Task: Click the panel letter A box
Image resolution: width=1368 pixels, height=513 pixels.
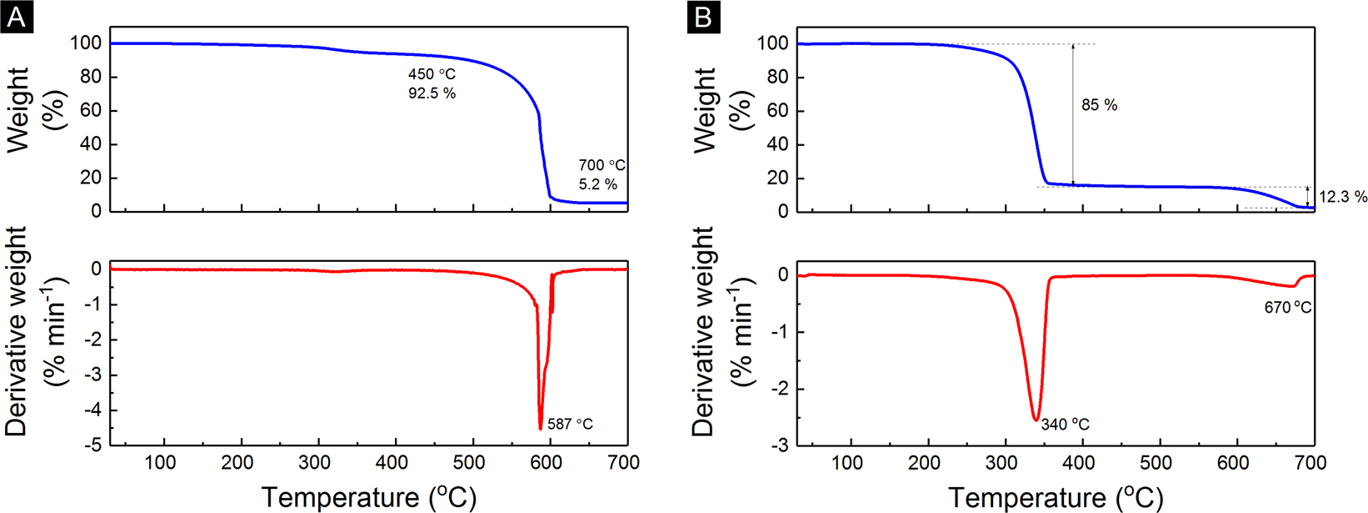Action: pyautogui.click(x=17, y=17)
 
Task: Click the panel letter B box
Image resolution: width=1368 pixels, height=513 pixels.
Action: pyautogui.click(x=704, y=17)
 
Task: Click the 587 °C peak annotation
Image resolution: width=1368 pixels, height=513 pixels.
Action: pyautogui.click(x=570, y=425)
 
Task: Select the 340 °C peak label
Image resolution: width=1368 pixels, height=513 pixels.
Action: pyautogui.click(x=1065, y=425)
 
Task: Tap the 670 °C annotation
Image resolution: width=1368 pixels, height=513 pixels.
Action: pyautogui.click(x=1287, y=308)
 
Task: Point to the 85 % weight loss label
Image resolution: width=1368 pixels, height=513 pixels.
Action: pyautogui.click(x=1099, y=105)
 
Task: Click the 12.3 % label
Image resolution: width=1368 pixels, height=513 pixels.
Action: pyautogui.click(x=1342, y=198)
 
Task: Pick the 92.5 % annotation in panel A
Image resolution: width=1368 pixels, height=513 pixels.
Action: pyautogui.click(x=432, y=93)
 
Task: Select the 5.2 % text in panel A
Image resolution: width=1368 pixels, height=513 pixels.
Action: pyautogui.click(x=597, y=184)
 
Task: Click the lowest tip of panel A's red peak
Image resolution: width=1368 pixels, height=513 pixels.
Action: pyautogui.click(x=541, y=429)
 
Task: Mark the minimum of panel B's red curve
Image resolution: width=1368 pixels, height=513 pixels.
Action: pyautogui.click(x=1036, y=420)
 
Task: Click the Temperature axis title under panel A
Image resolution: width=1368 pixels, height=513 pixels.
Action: pyautogui.click(x=369, y=497)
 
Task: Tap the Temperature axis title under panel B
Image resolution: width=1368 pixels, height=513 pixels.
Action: pyautogui.click(x=1056, y=498)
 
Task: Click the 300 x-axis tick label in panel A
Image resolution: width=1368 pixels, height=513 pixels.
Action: pyautogui.click(x=316, y=463)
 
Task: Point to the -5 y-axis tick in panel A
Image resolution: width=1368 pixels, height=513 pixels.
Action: pyautogui.click(x=95, y=445)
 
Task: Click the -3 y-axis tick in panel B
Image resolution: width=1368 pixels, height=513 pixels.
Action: pyautogui.click(x=781, y=445)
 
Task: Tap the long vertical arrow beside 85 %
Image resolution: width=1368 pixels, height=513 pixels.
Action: pyautogui.click(x=1073, y=114)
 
